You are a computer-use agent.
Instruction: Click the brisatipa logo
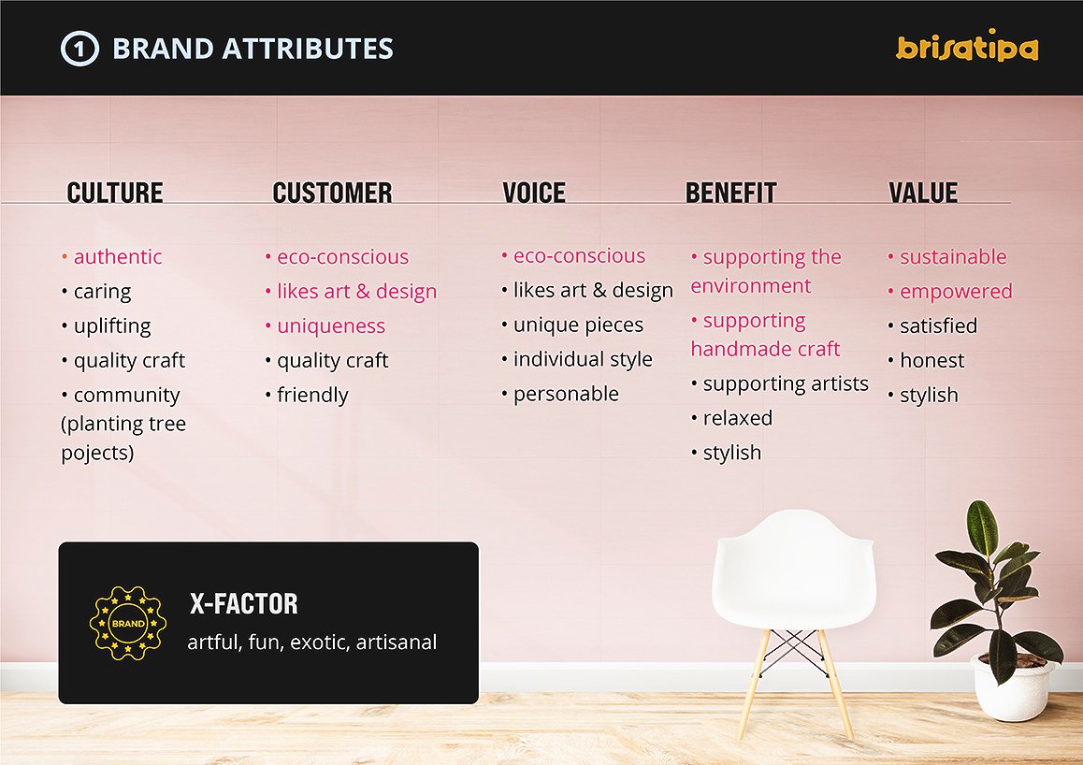(967, 46)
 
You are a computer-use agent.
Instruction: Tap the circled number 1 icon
(80, 49)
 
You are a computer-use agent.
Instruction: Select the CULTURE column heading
(115, 193)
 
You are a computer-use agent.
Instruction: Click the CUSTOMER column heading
(332, 193)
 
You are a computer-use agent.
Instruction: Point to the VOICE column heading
(534, 193)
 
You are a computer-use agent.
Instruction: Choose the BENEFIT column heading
(730, 193)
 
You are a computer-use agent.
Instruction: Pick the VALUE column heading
(923, 193)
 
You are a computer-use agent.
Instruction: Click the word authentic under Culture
(118, 257)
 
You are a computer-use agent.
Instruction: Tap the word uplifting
(112, 325)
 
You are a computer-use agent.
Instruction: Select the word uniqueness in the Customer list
(331, 325)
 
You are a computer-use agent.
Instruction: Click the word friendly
(312, 395)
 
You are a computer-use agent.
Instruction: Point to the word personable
(566, 394)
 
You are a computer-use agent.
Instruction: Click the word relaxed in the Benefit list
(738, 418)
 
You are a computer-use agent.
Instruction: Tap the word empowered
(956, 292)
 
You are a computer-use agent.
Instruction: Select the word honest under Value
(931, 360)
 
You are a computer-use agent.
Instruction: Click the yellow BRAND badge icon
(128, 623)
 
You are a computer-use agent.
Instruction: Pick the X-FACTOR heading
(244, 604)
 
